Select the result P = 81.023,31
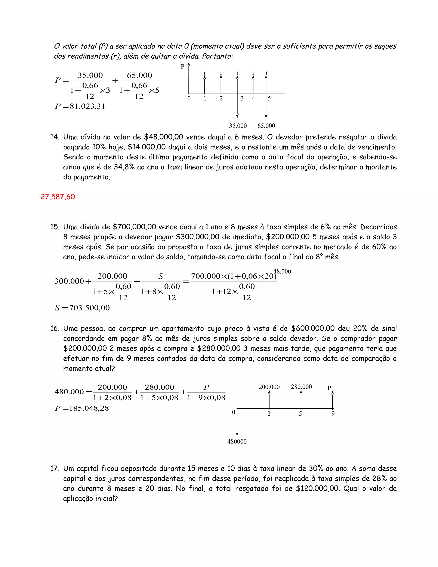[80, 106]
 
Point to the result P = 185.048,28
[81, 408]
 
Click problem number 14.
[55, 137]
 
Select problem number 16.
[55, 328]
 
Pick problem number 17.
[55, 469]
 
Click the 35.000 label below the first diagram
[238, 126]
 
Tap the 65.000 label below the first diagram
[266, 126]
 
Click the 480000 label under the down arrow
[237, 442]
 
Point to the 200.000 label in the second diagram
[269, 387]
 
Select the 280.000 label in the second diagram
[301, 387]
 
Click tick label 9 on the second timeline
[333, 414]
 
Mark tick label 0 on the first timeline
[189, 99]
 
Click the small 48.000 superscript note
[282, 272]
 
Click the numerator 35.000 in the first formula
[90, 75]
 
